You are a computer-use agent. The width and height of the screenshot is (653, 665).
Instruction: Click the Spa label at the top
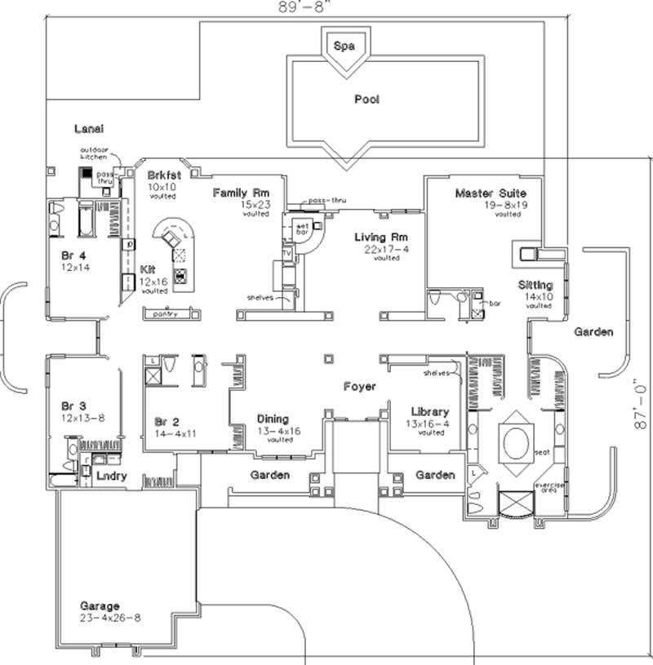344,47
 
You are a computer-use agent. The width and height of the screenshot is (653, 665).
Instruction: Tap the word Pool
366,100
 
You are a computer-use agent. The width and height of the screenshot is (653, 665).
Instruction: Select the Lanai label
89,129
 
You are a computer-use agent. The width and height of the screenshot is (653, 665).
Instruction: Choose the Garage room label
100,606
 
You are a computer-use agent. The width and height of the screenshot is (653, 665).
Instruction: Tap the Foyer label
359,386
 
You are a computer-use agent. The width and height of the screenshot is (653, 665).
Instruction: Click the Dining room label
273,419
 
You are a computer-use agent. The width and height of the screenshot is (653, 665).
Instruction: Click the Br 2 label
167,422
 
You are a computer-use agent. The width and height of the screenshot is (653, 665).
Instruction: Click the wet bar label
301,228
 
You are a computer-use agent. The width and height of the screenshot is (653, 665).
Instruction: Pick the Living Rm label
375,237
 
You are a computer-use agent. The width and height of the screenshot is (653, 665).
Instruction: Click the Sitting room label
535,285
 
